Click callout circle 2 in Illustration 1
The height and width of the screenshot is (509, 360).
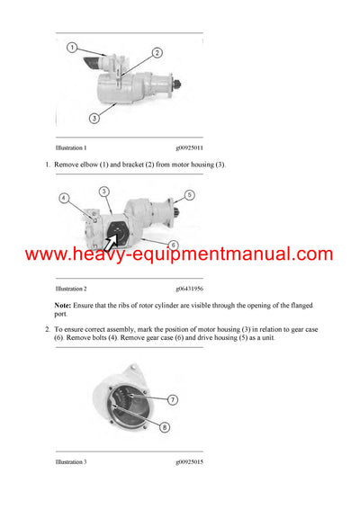coord(157,53)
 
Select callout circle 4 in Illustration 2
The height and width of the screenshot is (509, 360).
coord(64,198)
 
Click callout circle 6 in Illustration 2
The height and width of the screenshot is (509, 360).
coord(173,245)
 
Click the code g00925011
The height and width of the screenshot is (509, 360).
coord(189,147)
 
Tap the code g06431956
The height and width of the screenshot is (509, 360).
coord(189,289)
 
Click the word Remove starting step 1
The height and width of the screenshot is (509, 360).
coord(68,165)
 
